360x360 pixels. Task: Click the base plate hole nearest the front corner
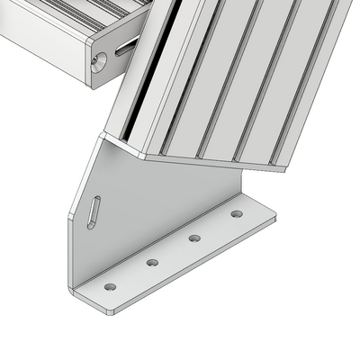(110, 287)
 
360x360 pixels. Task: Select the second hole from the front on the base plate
(152, 263)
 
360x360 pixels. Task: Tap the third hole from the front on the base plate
(194, 238)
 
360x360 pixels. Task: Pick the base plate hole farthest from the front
(236, 214)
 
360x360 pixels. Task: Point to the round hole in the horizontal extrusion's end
(99, 59)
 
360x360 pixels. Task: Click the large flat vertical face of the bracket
(153, 207)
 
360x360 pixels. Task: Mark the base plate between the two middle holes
(173, 252)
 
